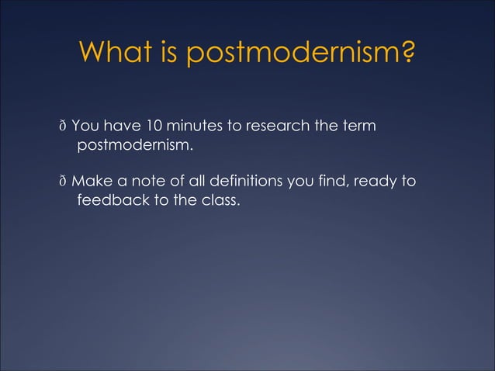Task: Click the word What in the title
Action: pos(116,54)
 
